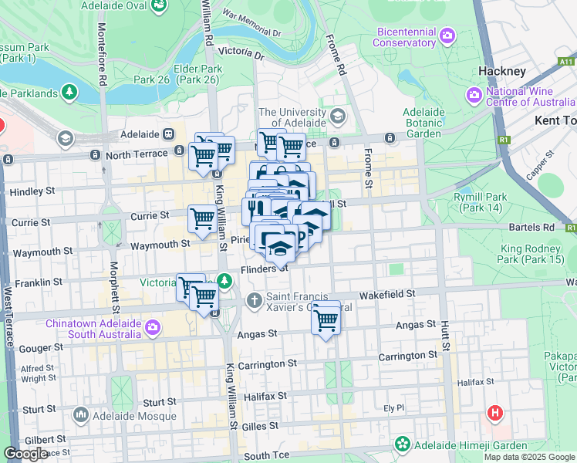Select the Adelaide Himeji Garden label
(471, 445)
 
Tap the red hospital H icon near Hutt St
(494, 413)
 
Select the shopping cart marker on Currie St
(202, 219)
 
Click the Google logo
(26, 454)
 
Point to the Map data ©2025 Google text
(528, 457)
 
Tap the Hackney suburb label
(501, 71)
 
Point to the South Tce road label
(266, 456)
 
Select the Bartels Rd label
(531, 228)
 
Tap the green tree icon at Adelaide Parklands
(70, 93)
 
